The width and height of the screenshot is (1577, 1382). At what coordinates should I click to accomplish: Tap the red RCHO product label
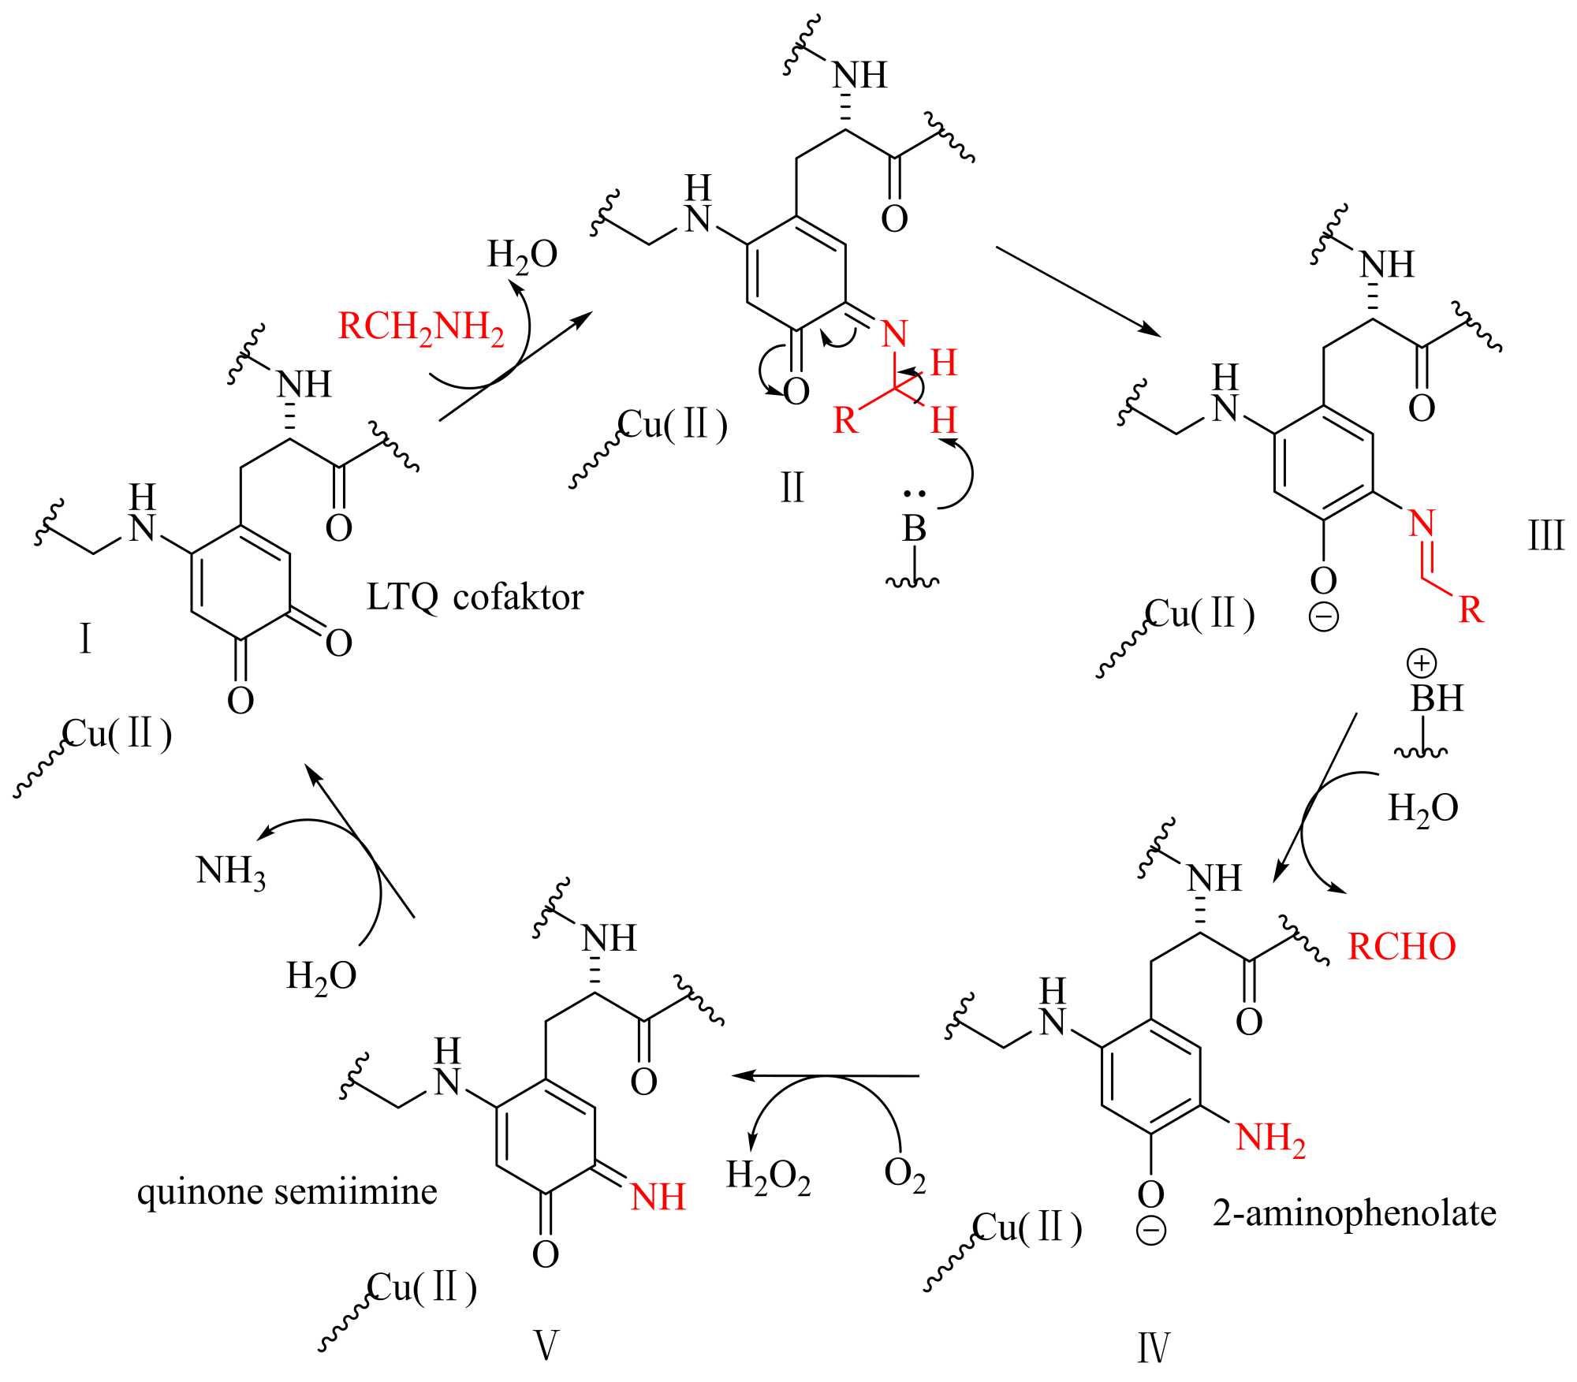[x=1401, y=947]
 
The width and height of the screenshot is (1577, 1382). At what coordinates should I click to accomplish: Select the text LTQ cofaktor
[x=475, y=598]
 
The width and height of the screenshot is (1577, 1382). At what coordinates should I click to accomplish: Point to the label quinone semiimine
[x=287, y=1191]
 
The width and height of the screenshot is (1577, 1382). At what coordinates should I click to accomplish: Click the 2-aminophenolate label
[x=1354, y=1213]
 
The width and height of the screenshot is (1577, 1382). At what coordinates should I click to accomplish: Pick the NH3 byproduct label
[x=230, y=872]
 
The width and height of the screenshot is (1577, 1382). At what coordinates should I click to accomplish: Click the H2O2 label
[x=768, y=1177]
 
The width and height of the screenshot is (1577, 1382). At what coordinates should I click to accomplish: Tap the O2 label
[x=904, y=1174]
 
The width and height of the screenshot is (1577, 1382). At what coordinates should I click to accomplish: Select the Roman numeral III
[x=1545, y=537]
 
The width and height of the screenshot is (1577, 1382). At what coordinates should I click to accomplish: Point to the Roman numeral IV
[x=1153, y=1348]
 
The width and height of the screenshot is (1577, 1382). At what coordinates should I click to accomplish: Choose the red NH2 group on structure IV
[x=1270, y=1138]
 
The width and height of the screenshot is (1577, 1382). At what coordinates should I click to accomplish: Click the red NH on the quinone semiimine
[x=658, y=1198]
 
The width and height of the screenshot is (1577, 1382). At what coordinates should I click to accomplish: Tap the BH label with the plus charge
[x=1437, y=698]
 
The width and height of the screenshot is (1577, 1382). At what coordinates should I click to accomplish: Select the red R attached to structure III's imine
[x=1471, y=609]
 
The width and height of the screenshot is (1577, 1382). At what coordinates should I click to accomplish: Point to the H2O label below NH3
[x=321, y=977]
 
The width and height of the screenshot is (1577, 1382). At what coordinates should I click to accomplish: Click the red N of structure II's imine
[x=894, y=334]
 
